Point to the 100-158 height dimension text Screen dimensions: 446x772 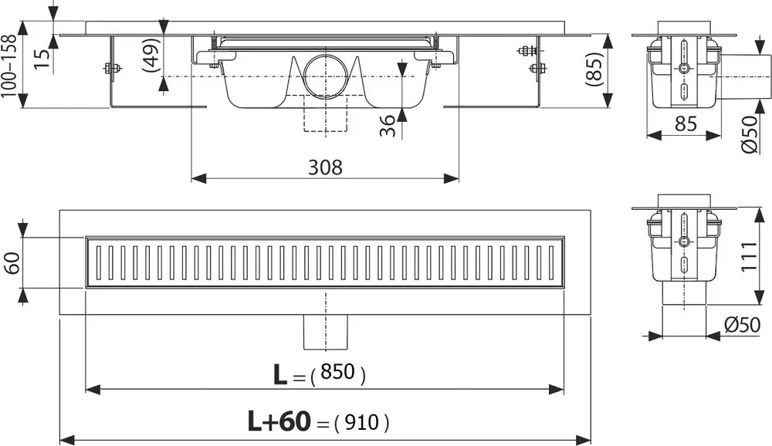tap(8, 65)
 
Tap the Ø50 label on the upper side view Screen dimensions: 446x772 tap(747, 134)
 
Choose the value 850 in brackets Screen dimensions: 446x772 tap(337, 373)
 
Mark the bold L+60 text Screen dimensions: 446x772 tap(279, 421)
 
